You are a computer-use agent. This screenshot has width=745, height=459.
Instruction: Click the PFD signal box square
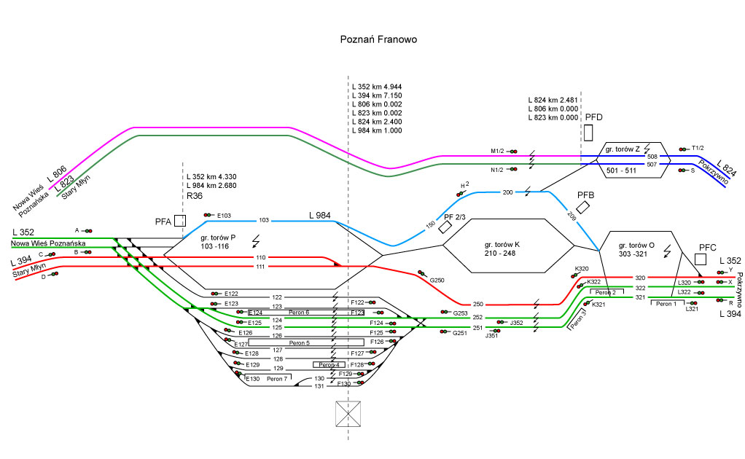click(588, 132)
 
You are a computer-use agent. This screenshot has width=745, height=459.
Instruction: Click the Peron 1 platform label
click(665, 304)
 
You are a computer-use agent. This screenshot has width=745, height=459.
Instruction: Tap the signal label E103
click(225, 216)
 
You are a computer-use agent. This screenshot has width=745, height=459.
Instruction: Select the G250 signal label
click(437, 280)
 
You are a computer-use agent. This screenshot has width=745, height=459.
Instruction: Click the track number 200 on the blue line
click(508, 192)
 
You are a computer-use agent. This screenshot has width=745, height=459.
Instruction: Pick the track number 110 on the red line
click(260, 258)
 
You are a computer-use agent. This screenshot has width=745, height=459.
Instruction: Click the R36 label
click(195, 196)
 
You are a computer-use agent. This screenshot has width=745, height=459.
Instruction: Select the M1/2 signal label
click(497, 151)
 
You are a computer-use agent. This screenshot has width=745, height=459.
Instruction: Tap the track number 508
click(652, 157)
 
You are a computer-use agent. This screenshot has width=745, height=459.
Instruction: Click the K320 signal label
click(582, 269)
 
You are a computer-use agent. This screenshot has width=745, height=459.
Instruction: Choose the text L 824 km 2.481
click(553, 99)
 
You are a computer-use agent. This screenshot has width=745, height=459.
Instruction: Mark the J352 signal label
click(517, 322)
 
